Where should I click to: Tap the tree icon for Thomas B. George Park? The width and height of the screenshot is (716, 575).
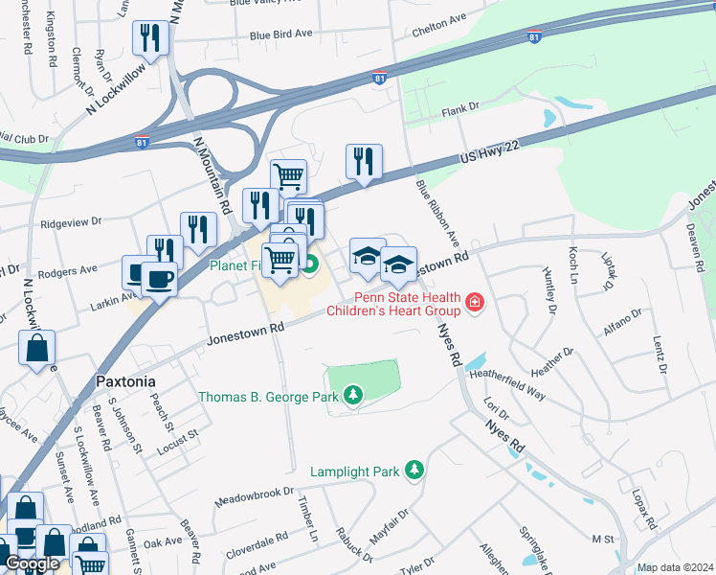point(354,396)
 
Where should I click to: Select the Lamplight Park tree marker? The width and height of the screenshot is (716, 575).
point(414,471)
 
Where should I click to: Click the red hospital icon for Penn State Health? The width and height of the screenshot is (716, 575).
point(473,305)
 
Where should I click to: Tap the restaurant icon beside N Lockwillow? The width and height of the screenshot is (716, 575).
point(150,39)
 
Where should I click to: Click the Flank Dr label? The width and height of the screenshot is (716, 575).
point(459,111)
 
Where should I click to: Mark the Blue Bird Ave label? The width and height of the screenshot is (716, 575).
point(280,34)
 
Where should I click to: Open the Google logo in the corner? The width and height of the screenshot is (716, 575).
point(32,563)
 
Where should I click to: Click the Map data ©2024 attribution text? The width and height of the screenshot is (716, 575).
point(675,567)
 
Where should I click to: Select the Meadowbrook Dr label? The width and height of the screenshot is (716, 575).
point(252,494)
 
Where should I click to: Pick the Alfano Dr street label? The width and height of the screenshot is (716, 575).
point(623,320)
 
